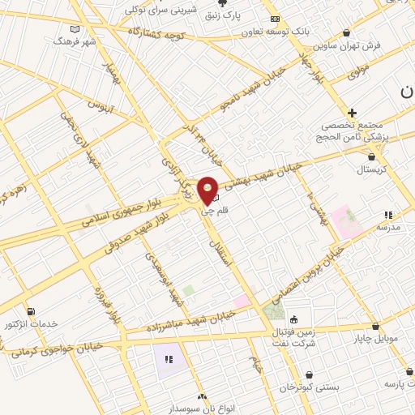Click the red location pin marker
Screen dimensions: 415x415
208,190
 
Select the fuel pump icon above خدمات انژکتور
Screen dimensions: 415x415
31,311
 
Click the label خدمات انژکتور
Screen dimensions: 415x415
32,323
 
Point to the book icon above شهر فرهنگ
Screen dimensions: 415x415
75,29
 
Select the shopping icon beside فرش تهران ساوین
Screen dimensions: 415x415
347,32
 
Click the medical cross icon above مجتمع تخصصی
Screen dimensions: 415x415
352,113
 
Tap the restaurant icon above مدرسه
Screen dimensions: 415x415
388,215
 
